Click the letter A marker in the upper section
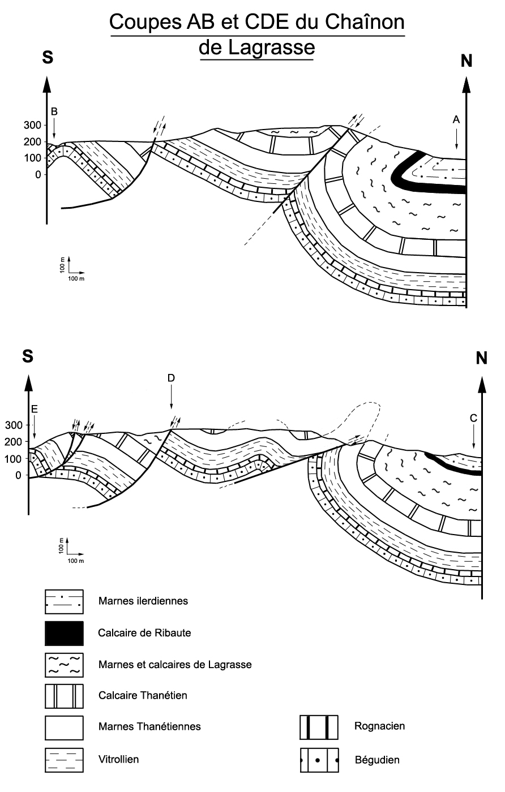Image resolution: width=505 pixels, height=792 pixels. (456, 119)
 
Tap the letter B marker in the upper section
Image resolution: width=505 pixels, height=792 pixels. (54, 111)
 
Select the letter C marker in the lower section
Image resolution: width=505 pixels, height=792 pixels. (473, 418)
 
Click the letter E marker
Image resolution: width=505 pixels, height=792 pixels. (35, 408)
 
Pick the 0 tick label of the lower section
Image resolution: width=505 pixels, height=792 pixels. (18, 475)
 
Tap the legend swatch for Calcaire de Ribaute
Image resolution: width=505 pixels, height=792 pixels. (64, 633)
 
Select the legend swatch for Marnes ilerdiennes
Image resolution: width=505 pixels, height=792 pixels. (64, 601)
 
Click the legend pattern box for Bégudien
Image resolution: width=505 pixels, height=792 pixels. (319, 760)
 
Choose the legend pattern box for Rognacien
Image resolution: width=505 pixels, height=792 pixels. (319, 727)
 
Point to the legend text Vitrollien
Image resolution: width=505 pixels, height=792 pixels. (118, 759)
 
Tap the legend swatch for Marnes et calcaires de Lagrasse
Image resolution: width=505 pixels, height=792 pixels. (64, 664)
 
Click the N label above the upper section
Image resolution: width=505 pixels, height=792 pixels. (466, 61)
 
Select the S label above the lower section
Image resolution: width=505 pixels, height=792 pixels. (28, 356)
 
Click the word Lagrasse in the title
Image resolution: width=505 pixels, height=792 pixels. (256, 48)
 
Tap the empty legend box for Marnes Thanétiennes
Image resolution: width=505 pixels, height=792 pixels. (64, 727)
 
